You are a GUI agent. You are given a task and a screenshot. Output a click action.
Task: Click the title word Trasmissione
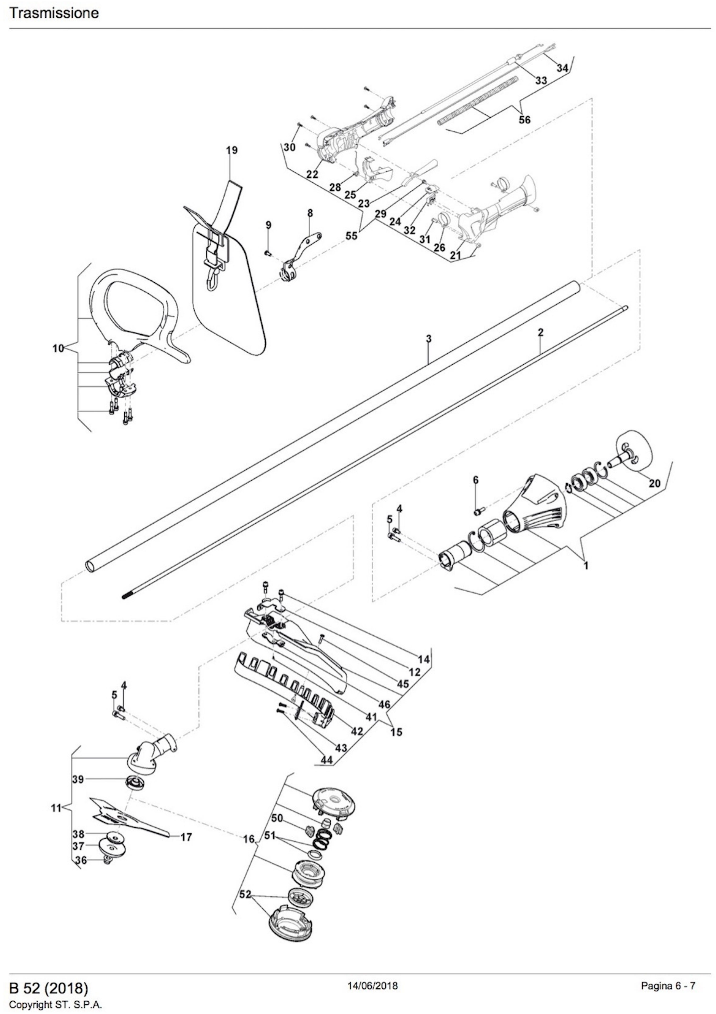tap(54, 13)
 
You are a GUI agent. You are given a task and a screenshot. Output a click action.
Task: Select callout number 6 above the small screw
tap(475, 480)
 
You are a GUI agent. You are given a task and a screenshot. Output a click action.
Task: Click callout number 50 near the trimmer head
tap(277, 818)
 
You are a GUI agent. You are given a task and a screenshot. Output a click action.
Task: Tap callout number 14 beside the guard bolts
tap(423, 659)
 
